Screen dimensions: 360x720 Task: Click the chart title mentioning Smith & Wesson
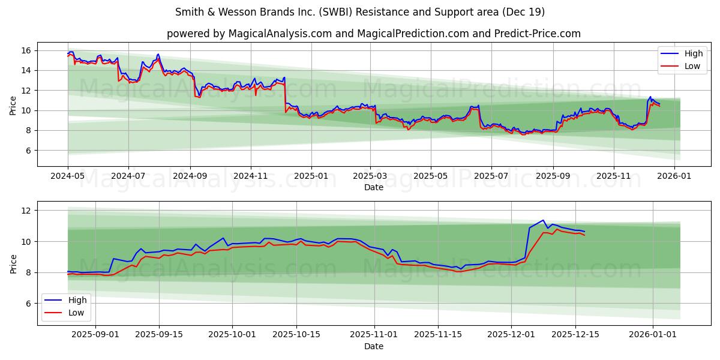tap(360, 12)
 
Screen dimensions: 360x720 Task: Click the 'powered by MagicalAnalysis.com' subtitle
tap(373, 34)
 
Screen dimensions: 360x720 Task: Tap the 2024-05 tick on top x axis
tap(68, 176)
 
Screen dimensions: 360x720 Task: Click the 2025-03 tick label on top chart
tap(370, 176)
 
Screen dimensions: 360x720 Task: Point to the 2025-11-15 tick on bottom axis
tap(437, 335)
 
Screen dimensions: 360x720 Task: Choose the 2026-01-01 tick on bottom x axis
tap(652, 335)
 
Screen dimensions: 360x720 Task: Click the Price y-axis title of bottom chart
tap(13, 263)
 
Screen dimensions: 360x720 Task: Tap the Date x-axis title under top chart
tap(373, 187)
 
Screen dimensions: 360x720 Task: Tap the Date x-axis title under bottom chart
tap(373, 346)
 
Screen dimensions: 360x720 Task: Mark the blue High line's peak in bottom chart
tap(543, 220)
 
